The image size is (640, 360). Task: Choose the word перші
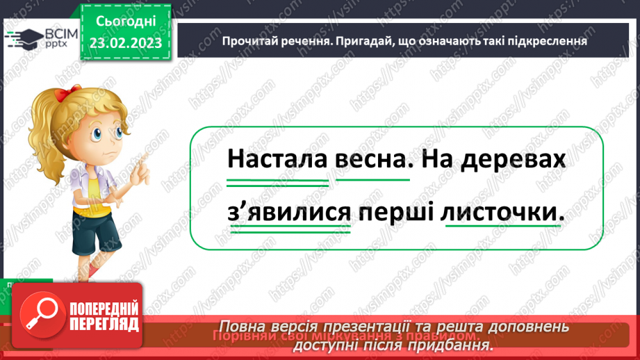396,213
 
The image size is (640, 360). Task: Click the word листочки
500,213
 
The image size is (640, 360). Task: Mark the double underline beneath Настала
277,182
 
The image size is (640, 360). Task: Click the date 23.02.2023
125,42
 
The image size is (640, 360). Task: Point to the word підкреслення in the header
549,40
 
